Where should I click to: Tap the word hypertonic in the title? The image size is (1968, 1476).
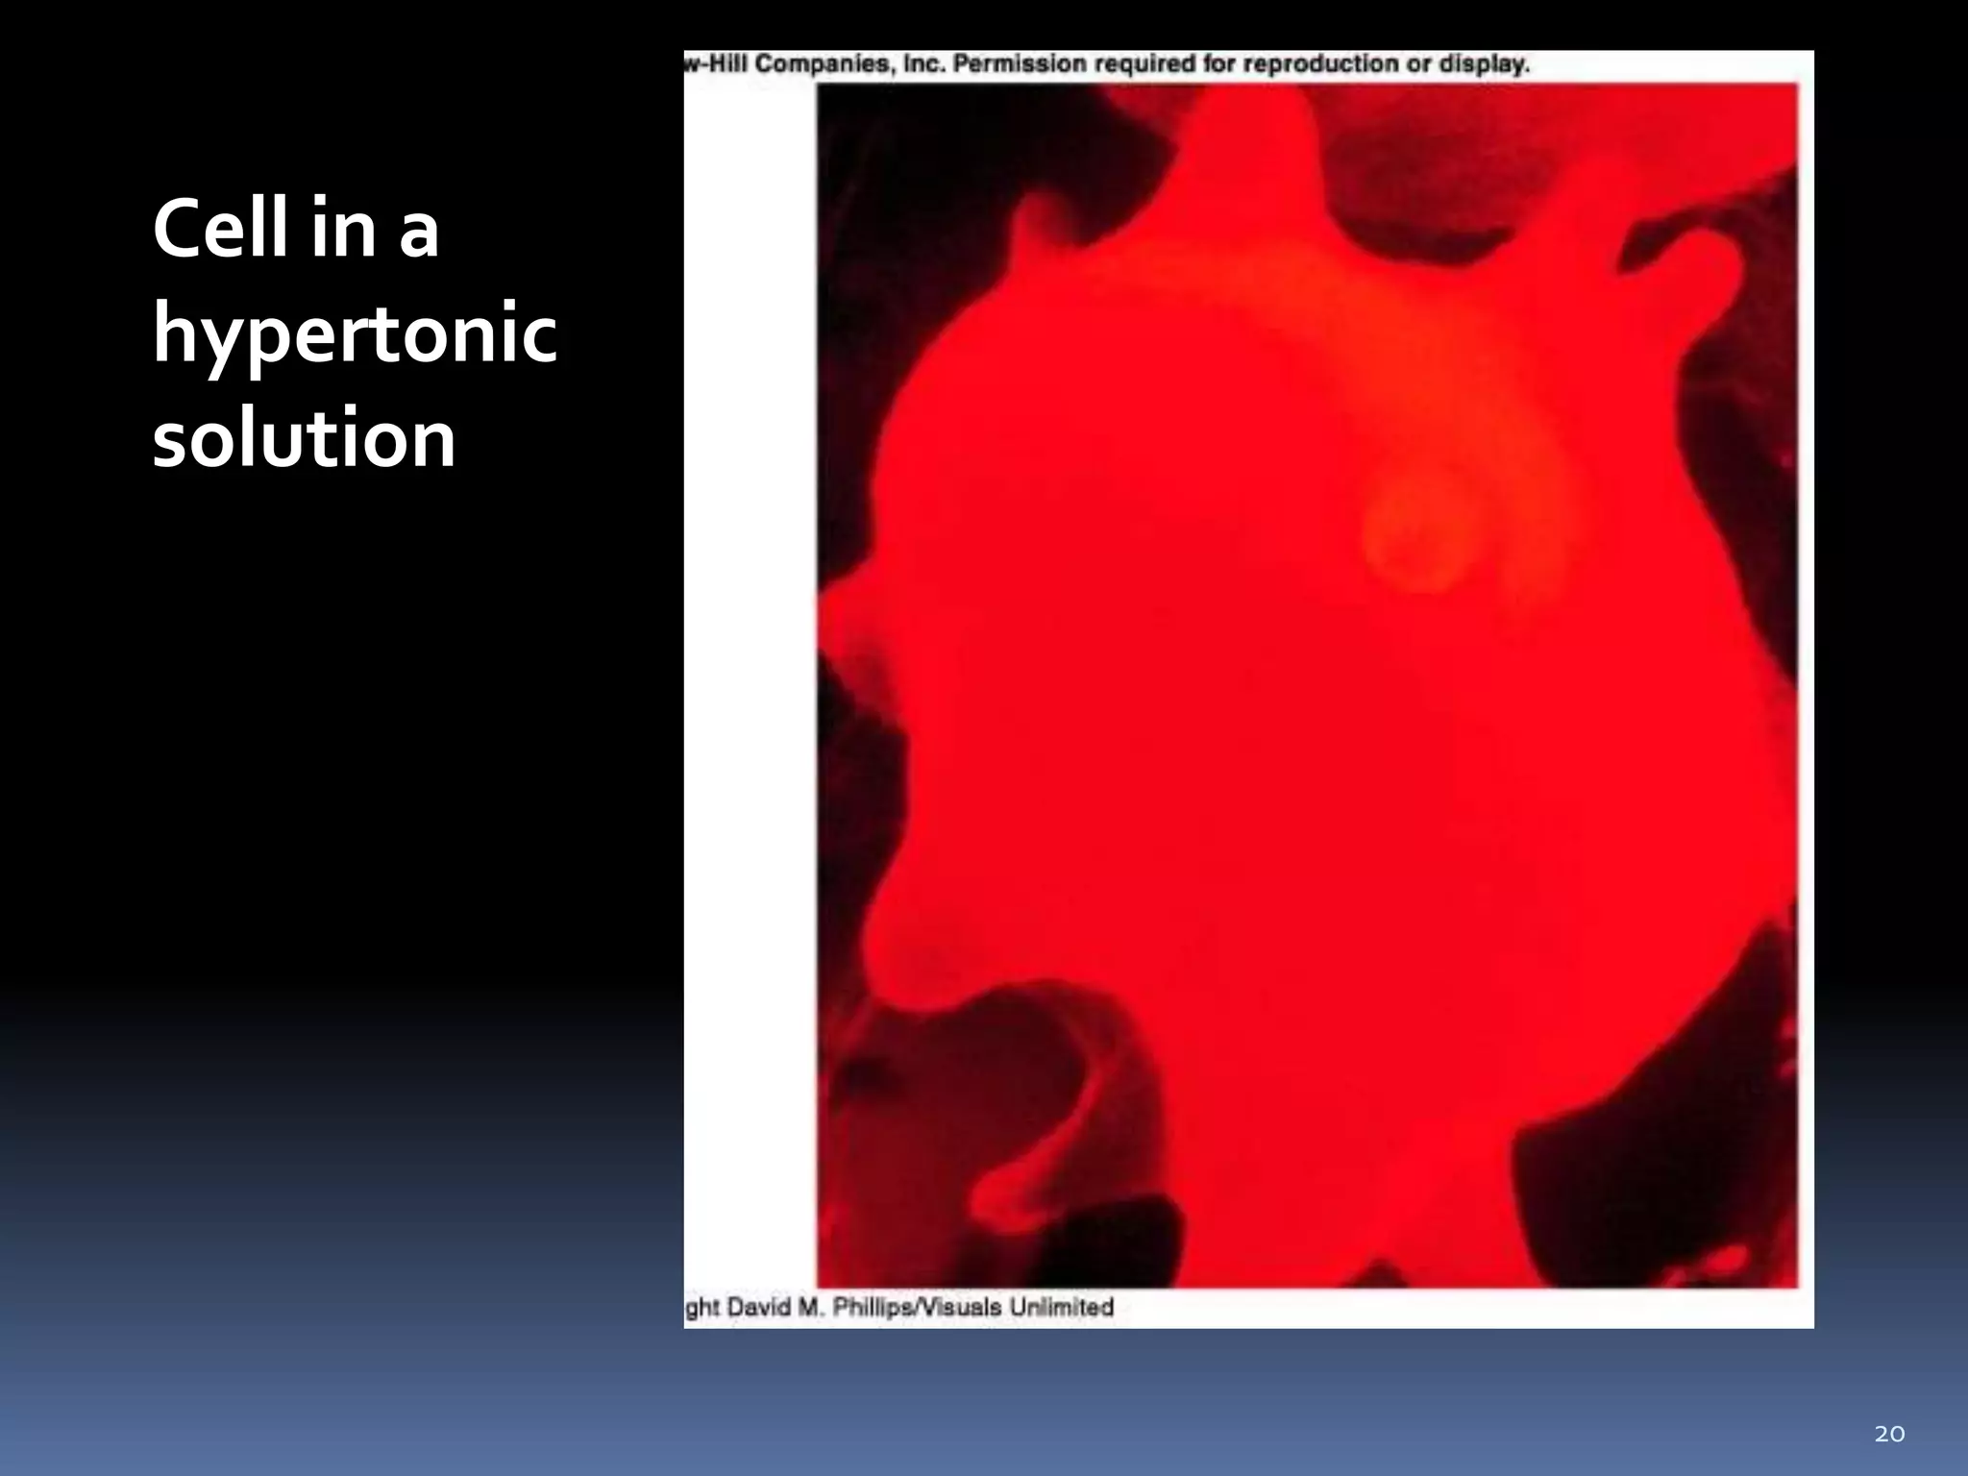point(355,335)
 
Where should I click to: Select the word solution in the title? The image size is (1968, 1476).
point(304,438)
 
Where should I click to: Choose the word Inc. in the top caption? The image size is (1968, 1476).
point(920,64)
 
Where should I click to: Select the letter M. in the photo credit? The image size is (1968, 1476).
point(810,1308)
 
